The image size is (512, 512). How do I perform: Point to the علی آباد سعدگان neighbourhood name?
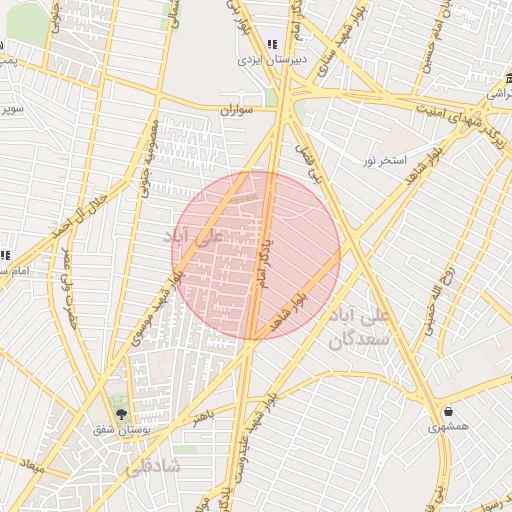(370, 327)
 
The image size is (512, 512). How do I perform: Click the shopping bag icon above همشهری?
(447, 411)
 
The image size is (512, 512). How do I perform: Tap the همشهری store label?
(447, 427)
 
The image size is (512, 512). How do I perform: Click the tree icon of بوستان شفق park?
(122, 413)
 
